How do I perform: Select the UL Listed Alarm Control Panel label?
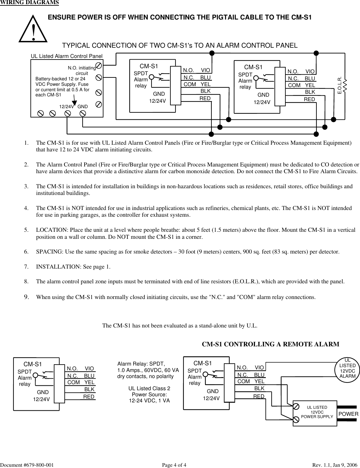[67, 56]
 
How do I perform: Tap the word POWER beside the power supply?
[348, 414]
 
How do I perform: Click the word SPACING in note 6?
[49, 252]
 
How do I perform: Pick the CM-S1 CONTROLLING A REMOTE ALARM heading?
[270, 344]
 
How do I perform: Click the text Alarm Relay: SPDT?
[141, 364]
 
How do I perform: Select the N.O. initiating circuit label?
[82, 70]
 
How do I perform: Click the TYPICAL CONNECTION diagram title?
[179, 45]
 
